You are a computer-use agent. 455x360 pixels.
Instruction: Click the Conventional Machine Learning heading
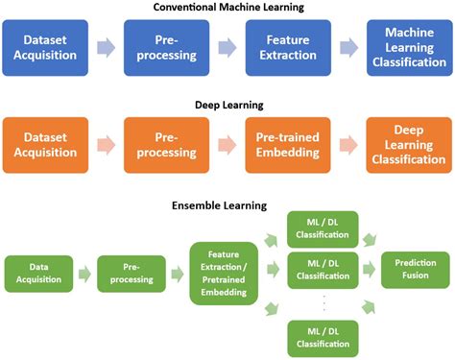click(227, 9)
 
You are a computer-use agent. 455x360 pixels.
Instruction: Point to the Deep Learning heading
click(227, 103)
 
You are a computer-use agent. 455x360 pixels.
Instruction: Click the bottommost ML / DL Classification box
click(323, 337)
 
